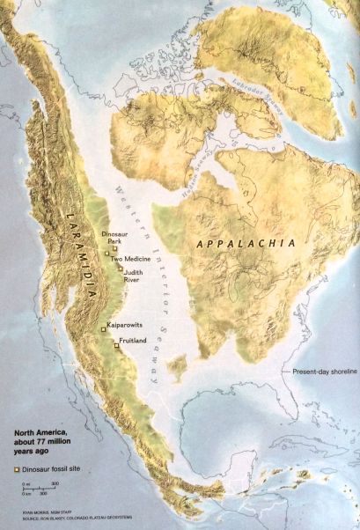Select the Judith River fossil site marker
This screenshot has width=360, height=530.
click(120, 270)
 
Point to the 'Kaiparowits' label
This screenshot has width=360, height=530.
click(124, 328)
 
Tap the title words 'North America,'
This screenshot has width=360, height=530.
click(39, 432)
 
